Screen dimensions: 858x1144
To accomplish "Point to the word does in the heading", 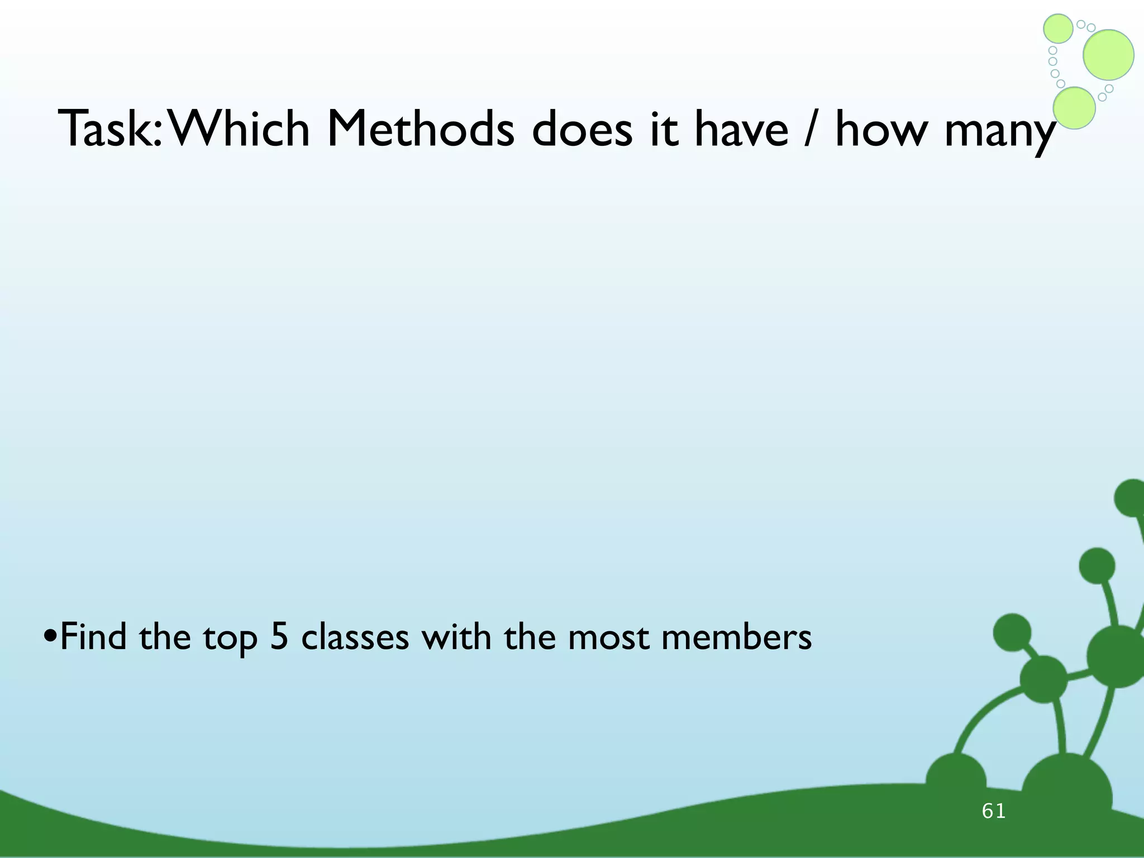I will tap(581, 130).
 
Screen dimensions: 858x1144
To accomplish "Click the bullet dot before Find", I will tap(50, 637).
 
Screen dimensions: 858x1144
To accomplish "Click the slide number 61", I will tap(994, 811).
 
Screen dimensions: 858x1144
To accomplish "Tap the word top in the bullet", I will tap(230, 638).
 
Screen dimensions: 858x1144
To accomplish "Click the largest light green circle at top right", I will tap(1108, 55).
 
